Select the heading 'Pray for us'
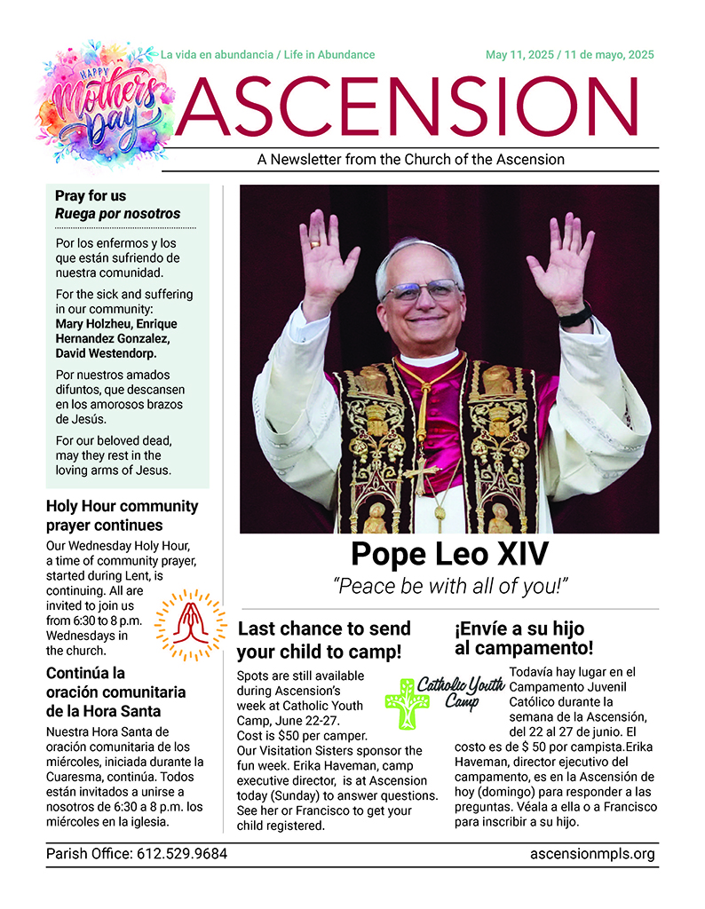click(91, 196)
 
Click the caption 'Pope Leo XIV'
click(448, 554)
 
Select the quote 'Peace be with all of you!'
click(449, 586)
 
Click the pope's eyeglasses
click(423, 292)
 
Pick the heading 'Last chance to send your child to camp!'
click(324, 640)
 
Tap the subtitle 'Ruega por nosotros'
click(117, 214)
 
